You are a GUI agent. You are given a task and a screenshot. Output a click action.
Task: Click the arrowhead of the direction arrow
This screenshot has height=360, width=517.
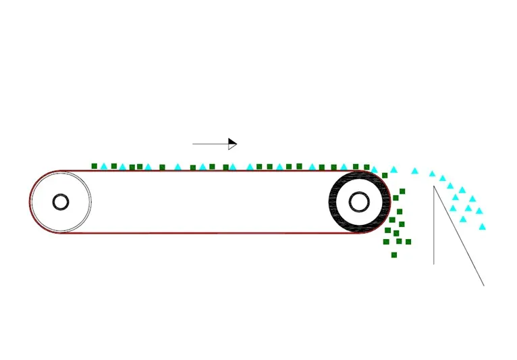[232, 144]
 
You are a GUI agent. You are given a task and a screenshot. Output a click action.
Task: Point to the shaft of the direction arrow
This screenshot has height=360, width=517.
[210, 144]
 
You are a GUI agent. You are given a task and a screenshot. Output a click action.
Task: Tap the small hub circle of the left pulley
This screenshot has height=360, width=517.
[61, 202]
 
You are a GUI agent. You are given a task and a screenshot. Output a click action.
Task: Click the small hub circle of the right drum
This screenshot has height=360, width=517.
[358, 202]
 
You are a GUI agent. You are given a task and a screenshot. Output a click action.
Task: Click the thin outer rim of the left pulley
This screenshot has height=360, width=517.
[90, 202]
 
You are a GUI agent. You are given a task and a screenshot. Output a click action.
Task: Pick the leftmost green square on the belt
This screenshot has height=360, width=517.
[94, 166]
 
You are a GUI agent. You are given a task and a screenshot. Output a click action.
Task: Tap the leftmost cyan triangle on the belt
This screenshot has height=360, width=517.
[104, 166]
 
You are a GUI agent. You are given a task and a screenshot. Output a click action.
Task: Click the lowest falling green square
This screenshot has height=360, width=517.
[394, 255]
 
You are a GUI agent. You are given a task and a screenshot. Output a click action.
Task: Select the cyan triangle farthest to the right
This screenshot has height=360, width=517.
[482, 226]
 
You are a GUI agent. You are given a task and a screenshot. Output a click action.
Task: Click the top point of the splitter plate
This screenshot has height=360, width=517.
[434, 186]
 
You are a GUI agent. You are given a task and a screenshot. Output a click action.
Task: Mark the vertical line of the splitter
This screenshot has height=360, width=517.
[434, 230]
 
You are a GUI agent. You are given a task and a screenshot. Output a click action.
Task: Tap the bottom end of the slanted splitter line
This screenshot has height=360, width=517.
[483, 285]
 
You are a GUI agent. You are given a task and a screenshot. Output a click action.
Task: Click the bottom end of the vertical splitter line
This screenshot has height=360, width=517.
[434, 263]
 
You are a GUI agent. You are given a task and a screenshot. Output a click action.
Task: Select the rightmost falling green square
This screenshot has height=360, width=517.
[408, 242]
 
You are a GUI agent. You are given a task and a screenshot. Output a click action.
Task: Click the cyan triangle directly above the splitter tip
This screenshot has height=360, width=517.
[433, 174]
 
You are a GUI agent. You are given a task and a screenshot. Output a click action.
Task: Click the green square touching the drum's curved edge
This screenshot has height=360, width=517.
[385, 176]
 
